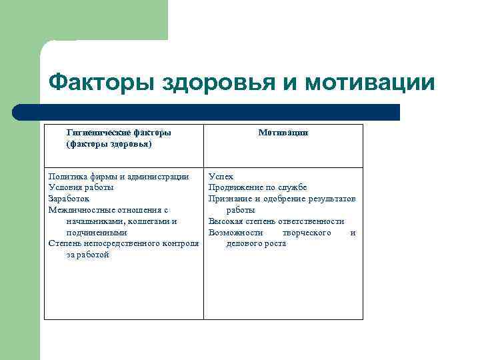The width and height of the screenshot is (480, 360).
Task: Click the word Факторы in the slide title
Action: click(99, 83)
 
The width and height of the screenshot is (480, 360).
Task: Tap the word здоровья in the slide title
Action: click(213, 83)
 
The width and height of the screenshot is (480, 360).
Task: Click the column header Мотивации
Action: click(283, 133)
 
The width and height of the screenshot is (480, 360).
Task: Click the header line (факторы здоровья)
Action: click(109, 144)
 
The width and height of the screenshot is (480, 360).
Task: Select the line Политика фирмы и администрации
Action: click(119, 177)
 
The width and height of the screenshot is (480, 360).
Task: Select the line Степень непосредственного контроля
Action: click(124, 243)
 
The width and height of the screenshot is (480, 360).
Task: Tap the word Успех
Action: click(221, 177)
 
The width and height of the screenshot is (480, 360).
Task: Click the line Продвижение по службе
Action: click(257, 187)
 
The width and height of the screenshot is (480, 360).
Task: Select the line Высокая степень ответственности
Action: click(276, 221)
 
